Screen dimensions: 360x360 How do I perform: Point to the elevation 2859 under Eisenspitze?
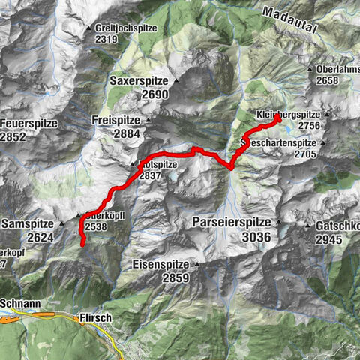click(176, 277)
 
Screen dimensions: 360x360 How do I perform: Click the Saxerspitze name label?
click(141, 81)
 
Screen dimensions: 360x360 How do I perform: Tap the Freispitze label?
click(117, 120)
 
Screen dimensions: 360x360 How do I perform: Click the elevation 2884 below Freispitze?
click(127, 133)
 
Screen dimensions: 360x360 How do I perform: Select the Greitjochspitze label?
click(127, 28)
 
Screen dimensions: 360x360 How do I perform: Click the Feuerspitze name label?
click(31, 123)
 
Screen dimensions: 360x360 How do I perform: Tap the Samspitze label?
click(28, 224)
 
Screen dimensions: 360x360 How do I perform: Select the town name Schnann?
click(19, 304)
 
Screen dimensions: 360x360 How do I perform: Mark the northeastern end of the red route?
click(277, 118)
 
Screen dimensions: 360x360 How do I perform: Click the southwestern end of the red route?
click(82, 243)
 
